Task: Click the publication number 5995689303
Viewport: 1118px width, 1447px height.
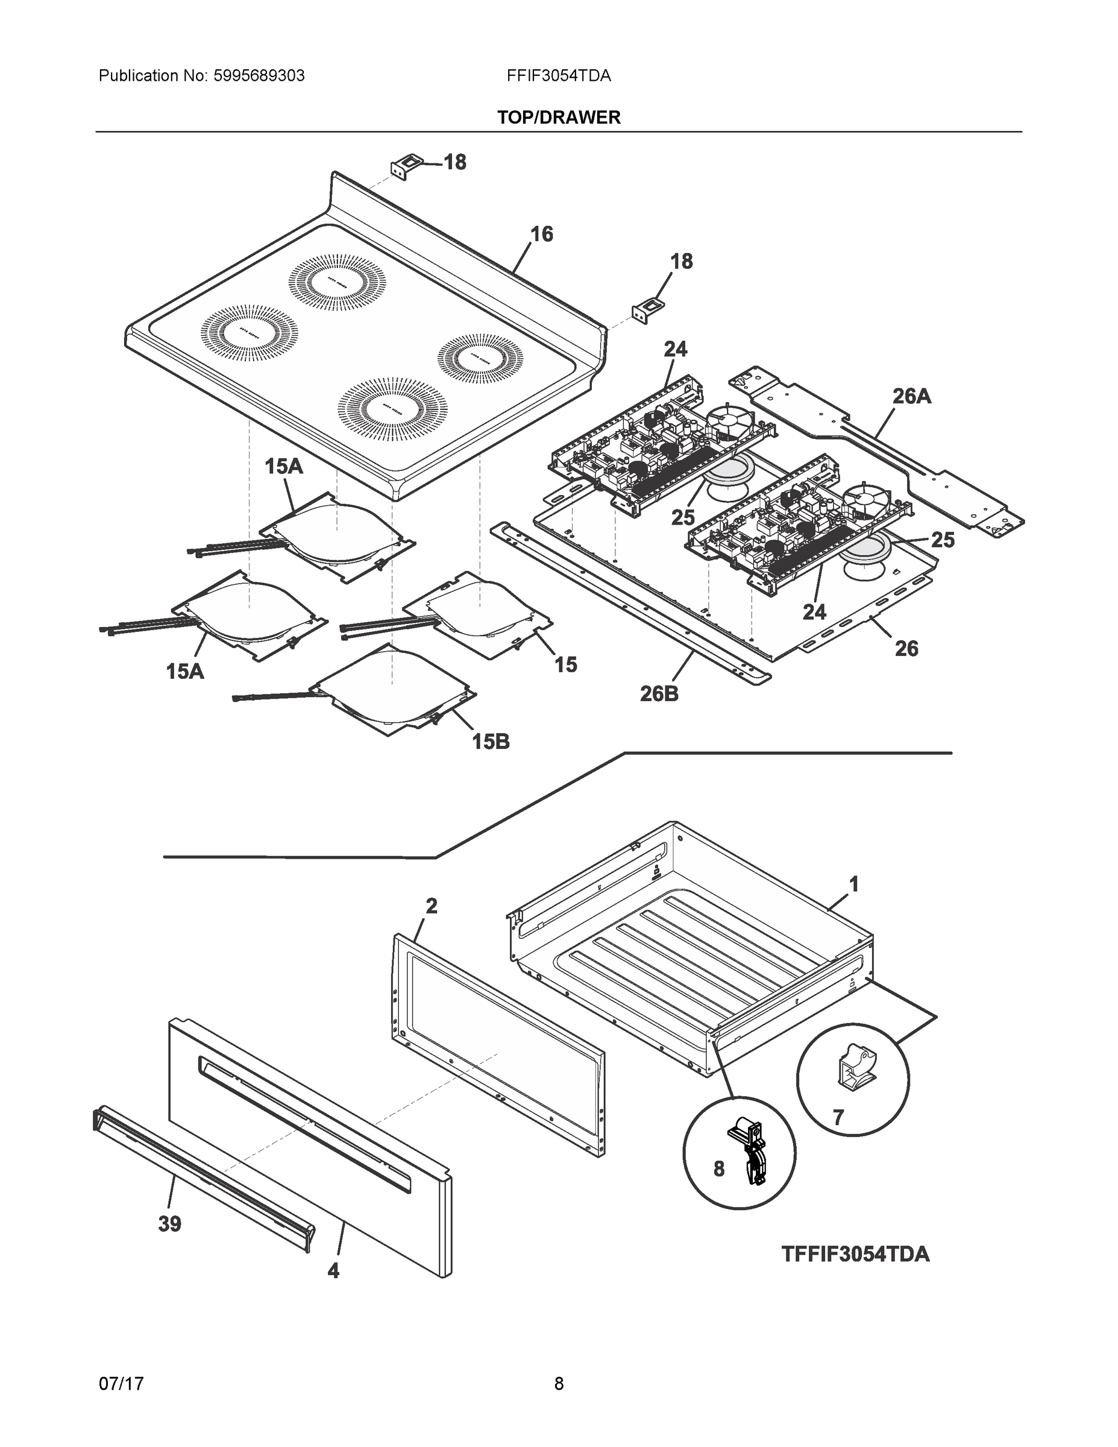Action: (259, 75)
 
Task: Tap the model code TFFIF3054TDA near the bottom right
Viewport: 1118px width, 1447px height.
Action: (855, 1254)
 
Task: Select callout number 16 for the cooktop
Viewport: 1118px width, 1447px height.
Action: (541, 234)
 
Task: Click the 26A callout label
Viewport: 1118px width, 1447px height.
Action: (911, 396)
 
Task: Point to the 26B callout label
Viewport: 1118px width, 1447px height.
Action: (659, 694)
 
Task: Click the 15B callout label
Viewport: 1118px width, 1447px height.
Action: (491, 742)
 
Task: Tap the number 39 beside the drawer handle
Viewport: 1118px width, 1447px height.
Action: (169, 1224)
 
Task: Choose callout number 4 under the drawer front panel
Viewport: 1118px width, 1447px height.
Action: (333, 1270)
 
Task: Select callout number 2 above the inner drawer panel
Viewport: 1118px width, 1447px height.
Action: (431, 906)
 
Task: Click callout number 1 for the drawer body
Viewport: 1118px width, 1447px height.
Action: (854, 884)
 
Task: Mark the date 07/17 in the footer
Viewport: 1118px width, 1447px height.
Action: (121, 1384)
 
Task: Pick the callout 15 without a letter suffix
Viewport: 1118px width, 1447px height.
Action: (565, 664)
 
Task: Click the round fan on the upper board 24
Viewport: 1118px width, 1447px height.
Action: (727, 423)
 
